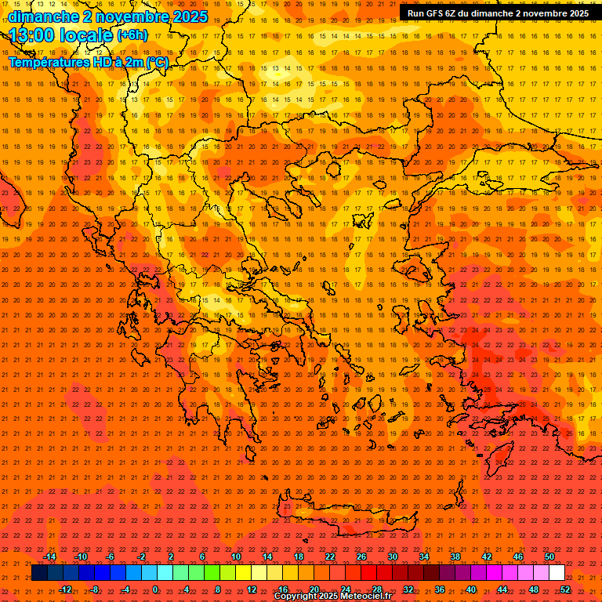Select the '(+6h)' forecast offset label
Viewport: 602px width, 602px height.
point(131,35)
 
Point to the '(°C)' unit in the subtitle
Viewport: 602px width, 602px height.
point(156,62)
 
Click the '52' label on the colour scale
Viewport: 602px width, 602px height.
point(564,589)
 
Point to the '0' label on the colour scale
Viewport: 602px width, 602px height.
point(156,589)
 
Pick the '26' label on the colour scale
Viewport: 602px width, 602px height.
point(361,557)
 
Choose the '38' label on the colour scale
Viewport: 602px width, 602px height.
point(455,557)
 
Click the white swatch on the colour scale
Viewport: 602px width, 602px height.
point(557,573)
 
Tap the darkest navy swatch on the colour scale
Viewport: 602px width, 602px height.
point(40,573)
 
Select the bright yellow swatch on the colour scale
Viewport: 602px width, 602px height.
point(244,573)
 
